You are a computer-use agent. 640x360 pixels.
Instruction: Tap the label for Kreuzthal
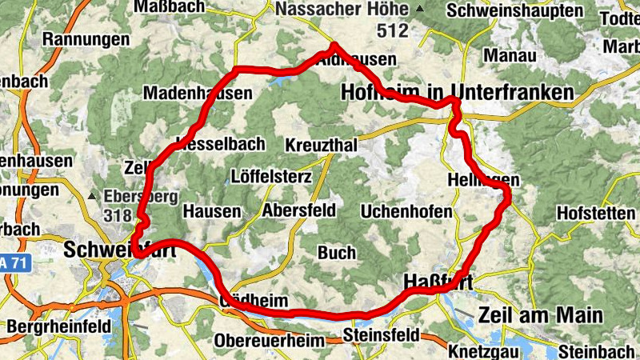pyautogui.click(x=321, y=146)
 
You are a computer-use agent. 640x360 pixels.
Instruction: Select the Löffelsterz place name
pyautogui.click(x=270, y=176)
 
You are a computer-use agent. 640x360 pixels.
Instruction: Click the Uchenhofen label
pyautogui.click(x=406, y=212)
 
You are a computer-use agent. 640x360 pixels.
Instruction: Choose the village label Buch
pyautogui.click(x=337, y=253)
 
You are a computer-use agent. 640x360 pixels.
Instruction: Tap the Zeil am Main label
pyautogui.click(x=540, y=314)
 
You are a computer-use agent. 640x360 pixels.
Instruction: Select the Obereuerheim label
pyautogui.click(x=269, y=340)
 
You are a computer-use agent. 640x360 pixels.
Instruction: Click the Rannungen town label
pyautogui.click(x=86, y=39)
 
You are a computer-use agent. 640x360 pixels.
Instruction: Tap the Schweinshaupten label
pyautogui.click(x=515, y=11)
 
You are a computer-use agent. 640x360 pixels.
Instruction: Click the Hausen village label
pyautogui.click(x=212, y=211)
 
